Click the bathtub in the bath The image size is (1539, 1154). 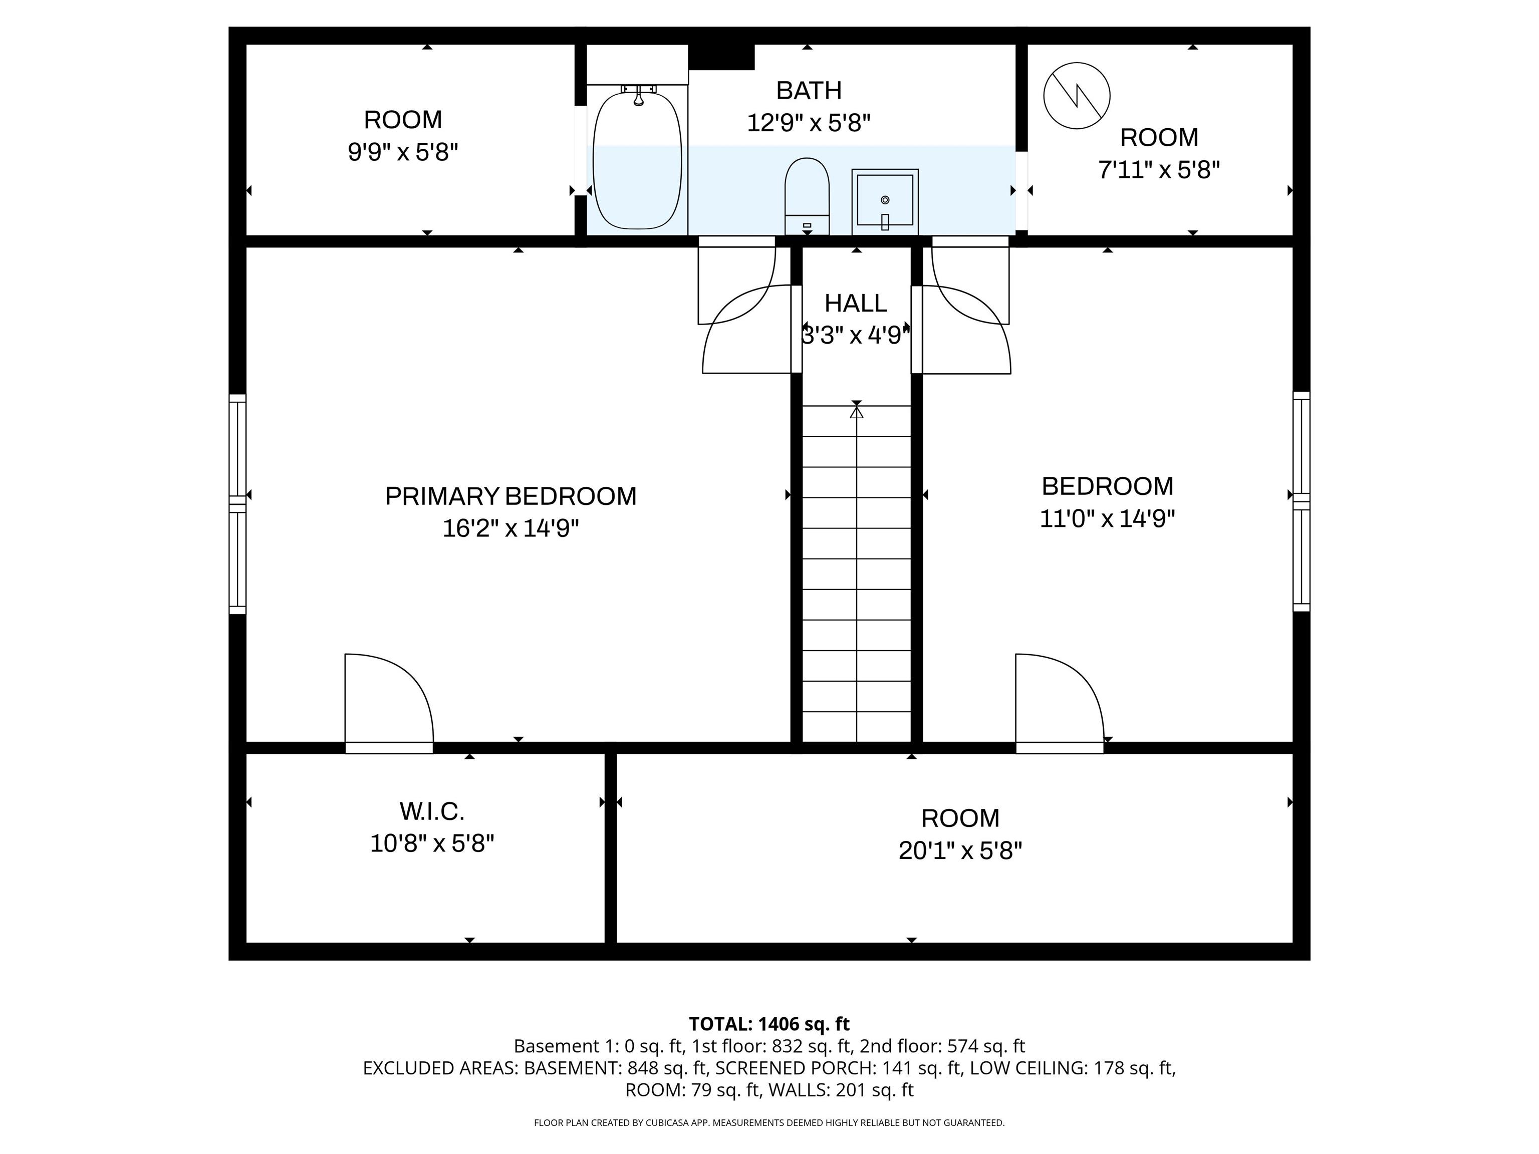click(x=637, y=159)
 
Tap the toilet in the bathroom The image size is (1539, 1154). click(x=807, y=196)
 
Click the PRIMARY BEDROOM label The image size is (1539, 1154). click(x=510, y=496)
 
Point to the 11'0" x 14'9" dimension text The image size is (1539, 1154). click(x=1107, y=518)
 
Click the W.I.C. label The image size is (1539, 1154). click(x=431, y=811)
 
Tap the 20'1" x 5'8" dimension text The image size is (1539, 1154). click(x=960, y=850)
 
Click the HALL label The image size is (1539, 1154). click(x=856, y=304)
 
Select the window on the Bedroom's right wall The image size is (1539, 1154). click(x=1301, y=501)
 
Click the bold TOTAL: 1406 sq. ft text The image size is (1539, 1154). click(x=769, y=1024)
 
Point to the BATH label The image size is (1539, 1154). click(x=809, y=91)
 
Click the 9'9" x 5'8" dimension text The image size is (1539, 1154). click(x=403, y=152)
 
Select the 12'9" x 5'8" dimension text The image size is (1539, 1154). click(x=809, y=123)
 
